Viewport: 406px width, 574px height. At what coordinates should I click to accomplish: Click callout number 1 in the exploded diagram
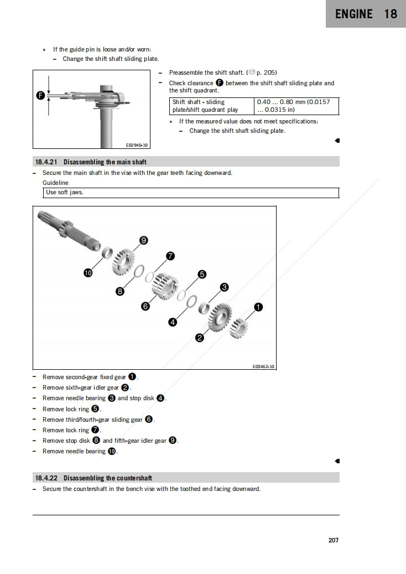pos(258,307)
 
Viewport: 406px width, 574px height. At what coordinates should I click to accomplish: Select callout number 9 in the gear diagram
pos(143,240)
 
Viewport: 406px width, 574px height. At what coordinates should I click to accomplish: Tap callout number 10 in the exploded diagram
pos(88,272)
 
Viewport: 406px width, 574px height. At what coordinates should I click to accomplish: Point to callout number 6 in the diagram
pos(145,306)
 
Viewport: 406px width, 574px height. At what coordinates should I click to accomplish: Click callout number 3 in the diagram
pos(225,287)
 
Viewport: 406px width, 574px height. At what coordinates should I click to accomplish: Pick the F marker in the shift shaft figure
pos(40,96)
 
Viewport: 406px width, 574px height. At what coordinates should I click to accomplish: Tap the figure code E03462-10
pos(263,366)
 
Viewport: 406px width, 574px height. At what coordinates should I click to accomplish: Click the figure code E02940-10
pos(137,145)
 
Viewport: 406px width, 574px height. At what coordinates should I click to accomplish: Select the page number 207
pos(333,540)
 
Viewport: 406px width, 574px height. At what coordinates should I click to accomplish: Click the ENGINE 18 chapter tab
pos(366,14)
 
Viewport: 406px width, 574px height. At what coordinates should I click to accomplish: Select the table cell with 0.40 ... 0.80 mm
pos(296,106)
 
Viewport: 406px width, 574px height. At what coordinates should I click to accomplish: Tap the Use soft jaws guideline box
pos(191,193)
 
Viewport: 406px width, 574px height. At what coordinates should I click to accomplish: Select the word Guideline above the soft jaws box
pos(55,183)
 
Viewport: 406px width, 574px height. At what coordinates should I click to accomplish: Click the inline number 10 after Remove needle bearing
pos(112,452)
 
